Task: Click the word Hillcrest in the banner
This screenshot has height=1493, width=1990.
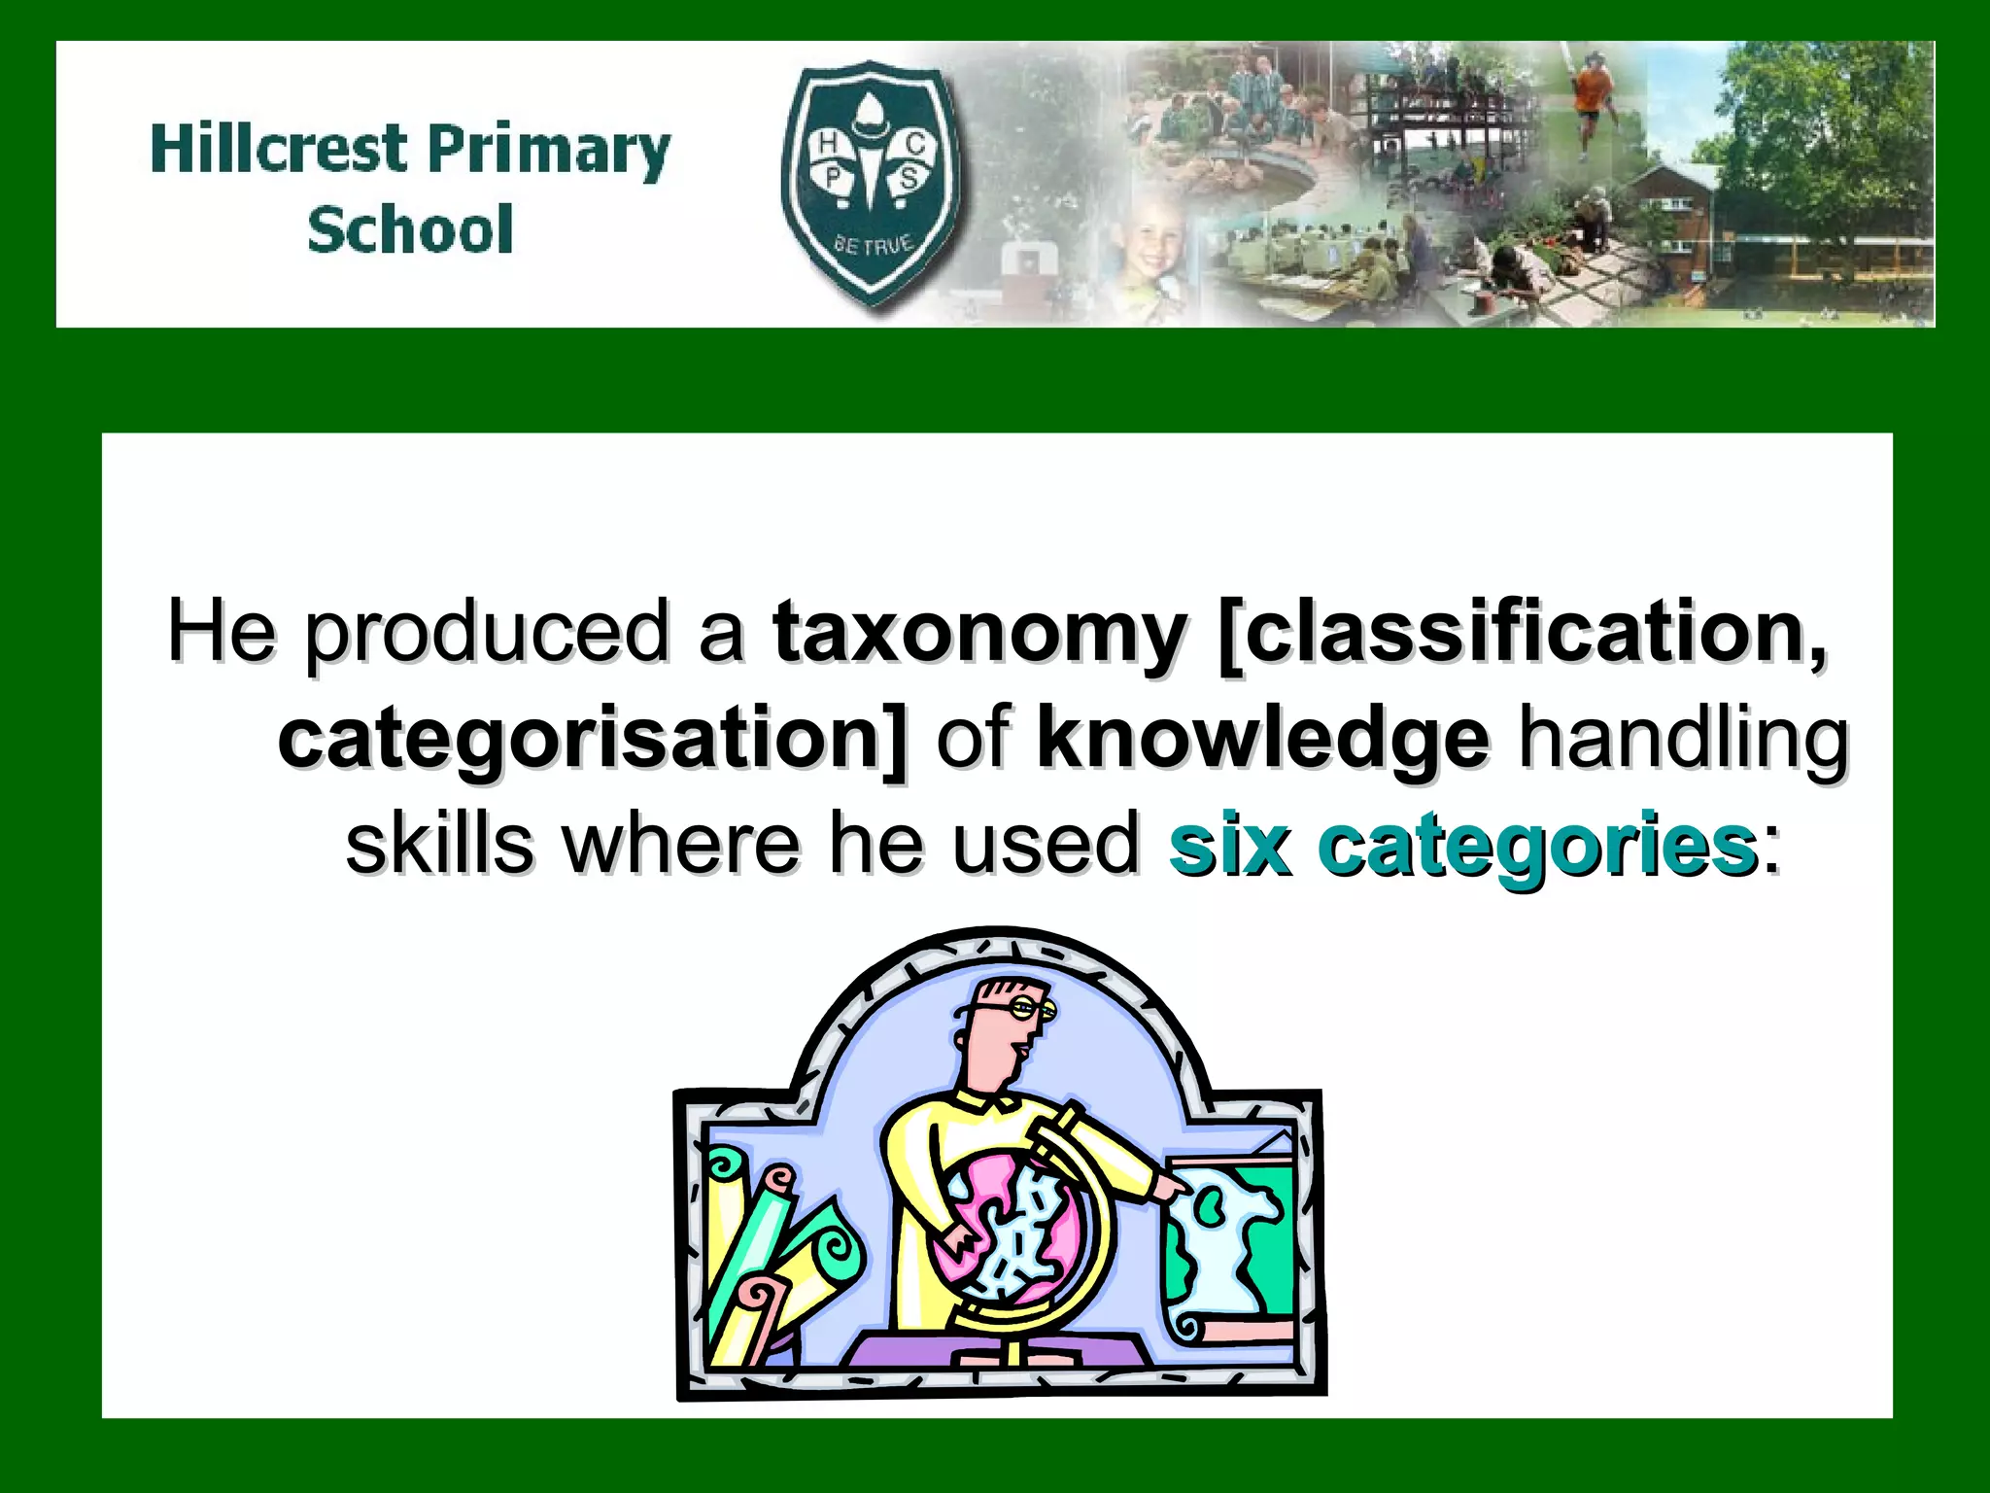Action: tap(278, 150)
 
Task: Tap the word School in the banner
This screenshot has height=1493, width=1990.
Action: tap(410, 230)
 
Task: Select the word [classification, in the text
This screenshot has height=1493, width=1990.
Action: tap(1521, 632)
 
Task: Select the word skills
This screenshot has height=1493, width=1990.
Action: tap(439, 843)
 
